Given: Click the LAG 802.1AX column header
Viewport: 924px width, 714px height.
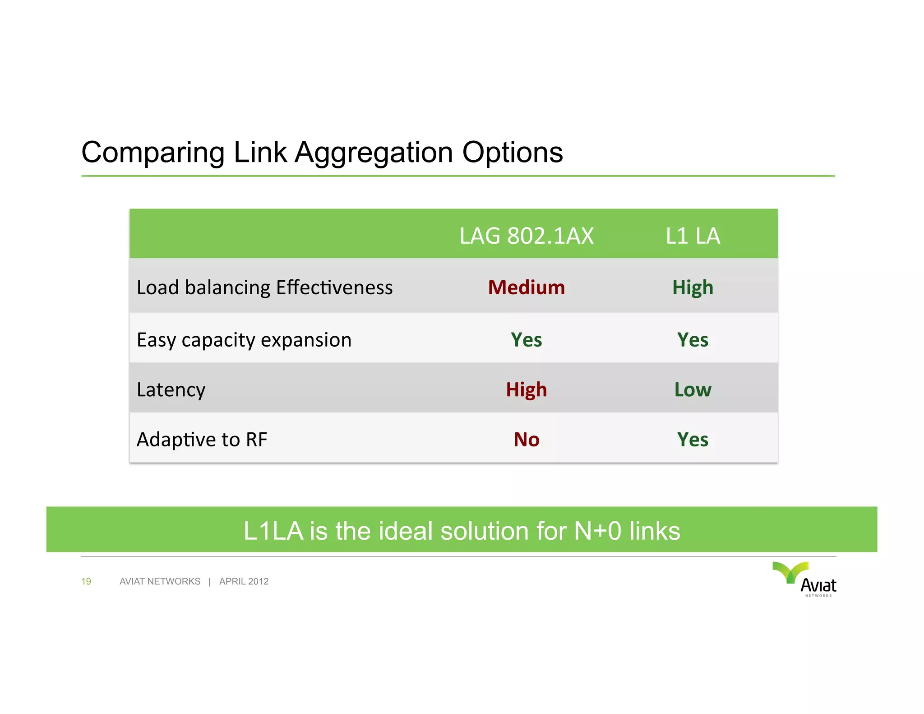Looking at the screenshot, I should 526,236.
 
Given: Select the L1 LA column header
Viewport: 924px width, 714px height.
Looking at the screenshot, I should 693,236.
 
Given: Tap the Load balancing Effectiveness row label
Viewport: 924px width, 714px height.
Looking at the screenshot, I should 264,287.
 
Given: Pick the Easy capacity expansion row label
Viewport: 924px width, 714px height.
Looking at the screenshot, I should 244,340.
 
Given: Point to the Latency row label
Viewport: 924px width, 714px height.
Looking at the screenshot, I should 171,389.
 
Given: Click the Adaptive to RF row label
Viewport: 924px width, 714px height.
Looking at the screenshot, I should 202,440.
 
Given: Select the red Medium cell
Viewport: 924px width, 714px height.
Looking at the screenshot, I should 526,287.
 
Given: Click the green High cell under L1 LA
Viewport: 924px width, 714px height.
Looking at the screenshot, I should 693,287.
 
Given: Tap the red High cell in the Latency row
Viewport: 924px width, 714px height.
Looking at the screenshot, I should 526,389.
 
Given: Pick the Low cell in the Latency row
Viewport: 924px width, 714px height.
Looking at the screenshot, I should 693,389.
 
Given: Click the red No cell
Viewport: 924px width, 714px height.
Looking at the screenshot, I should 526,440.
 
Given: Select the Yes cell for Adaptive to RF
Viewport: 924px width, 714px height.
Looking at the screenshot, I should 693,440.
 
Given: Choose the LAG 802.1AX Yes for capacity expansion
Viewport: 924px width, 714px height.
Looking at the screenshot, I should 526,340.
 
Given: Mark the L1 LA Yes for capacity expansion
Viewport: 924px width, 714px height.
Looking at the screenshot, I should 693,340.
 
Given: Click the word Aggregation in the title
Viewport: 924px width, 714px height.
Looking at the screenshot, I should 374,153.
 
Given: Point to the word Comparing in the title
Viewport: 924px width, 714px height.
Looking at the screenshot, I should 152,153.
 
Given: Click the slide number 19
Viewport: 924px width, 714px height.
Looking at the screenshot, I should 86,581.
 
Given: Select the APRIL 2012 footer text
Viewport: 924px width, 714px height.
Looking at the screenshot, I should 244,581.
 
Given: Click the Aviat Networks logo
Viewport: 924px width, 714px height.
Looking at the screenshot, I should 805,580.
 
